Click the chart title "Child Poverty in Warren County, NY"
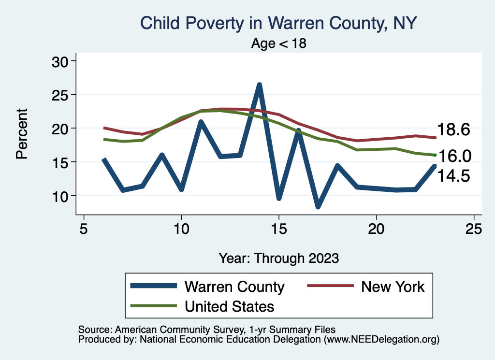(x=278, y=23)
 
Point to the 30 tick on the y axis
(x=62, y=61)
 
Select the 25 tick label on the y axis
(x=62, y=95)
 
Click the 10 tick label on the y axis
(x=62, y=196)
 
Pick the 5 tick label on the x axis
(x=84, y=229)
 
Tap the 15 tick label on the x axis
(x=278, y=229)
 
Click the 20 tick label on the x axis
(x=376, y=229)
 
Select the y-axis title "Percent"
(x=21, y=133)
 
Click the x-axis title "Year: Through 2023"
(x=278, y=258)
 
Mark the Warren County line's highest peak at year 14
(x=259, y=85)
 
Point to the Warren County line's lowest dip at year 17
(x=318, y=206)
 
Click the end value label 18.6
(x=453, y=130)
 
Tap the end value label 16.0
(x=453, y=156)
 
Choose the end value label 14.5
(x=453, y=176)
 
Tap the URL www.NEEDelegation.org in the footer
(x=381, y=339)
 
